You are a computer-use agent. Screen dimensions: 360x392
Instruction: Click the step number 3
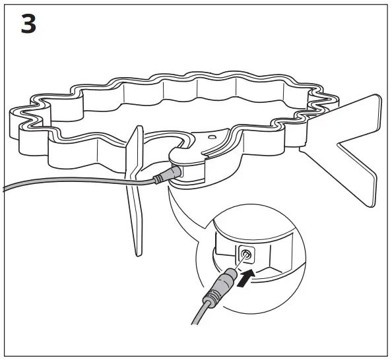[x=30, y=24]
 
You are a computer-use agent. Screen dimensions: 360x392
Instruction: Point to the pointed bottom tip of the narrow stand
[x=139, y=253]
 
